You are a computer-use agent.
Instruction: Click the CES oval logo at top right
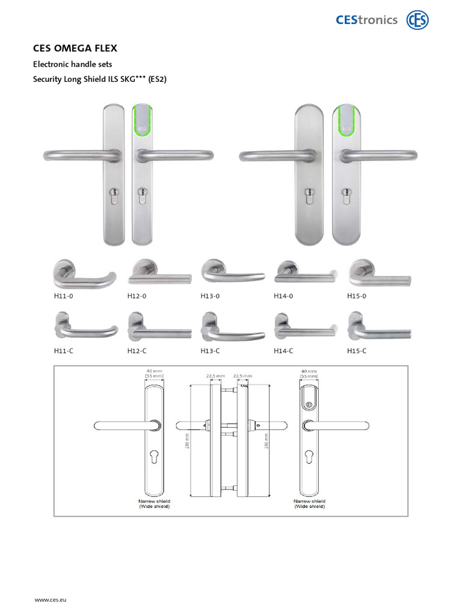(417, 20)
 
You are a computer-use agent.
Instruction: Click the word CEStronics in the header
(366, 20)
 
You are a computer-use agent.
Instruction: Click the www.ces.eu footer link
(50, 600)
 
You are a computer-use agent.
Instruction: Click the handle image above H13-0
(232, 274)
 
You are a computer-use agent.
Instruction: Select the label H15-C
(357, 350)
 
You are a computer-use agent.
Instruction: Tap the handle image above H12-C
(159, 327)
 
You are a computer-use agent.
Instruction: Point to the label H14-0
(283, 296)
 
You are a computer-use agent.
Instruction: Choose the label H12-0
(137, 296)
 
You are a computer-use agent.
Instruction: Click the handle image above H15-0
(379, 274)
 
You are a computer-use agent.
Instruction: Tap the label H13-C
(210, 350)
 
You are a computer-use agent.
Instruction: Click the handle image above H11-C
(85, 327)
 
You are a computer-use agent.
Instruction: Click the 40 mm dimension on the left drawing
(155, 372)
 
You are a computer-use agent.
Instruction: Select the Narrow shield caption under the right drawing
(309, 500)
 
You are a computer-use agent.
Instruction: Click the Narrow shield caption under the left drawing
(155, 500)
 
